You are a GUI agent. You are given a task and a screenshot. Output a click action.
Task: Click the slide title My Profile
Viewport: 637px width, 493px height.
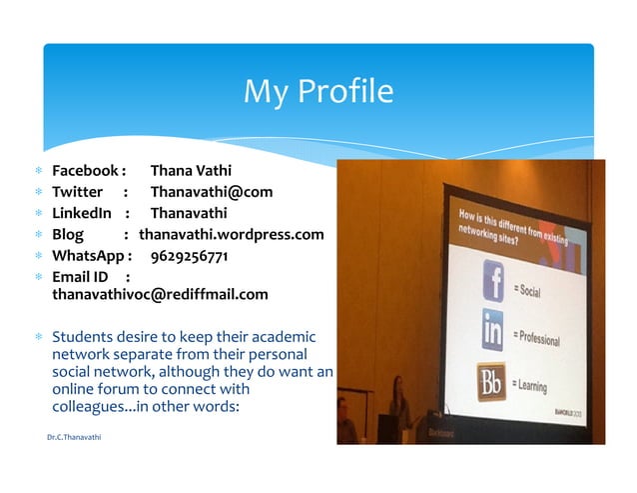[318, 92]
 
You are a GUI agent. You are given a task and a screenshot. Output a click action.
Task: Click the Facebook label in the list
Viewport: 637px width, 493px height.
[86, 171]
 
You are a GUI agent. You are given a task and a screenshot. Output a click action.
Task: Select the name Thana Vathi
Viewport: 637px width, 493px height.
[191, 171]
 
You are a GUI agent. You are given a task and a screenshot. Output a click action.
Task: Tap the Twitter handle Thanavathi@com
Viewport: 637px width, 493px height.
[211, 192]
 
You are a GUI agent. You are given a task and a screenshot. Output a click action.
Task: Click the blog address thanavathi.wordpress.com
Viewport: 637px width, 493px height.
[232, 234]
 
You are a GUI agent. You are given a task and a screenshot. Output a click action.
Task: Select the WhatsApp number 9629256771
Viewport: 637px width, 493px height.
[190, 256]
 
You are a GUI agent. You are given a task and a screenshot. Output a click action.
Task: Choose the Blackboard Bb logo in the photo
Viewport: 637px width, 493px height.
[491, 381]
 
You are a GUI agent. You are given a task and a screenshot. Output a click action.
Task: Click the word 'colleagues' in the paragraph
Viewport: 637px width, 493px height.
[90, 408]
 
